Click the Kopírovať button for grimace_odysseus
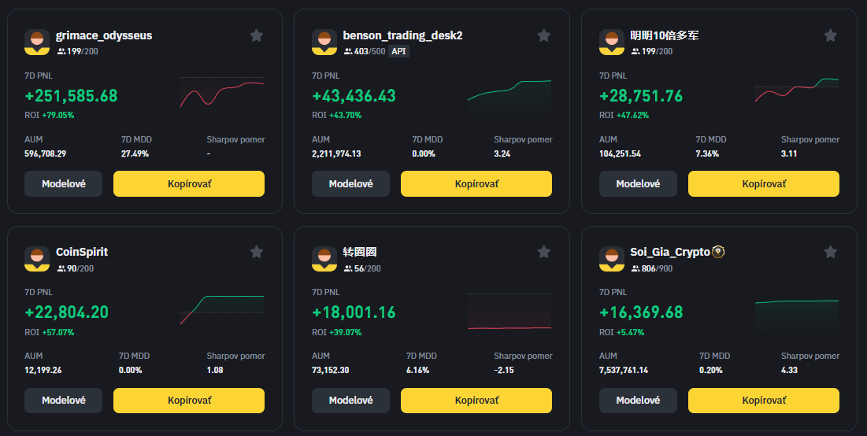[189, 183]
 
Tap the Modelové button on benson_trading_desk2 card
[350, 183]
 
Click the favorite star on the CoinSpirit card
[256, 252]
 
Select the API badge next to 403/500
[399, 51]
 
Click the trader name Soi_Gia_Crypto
[670, 252]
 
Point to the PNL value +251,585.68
[71, 96]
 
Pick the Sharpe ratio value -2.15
[504, 370]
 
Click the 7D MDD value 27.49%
[135, 153]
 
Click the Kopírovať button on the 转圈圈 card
[476, 400]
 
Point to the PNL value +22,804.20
[66, 312]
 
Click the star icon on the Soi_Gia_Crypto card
[830, 252]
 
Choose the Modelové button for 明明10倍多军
[638, 183]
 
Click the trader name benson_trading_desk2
[402, 35]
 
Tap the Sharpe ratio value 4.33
[790, 370]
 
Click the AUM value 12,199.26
[43, 370]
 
